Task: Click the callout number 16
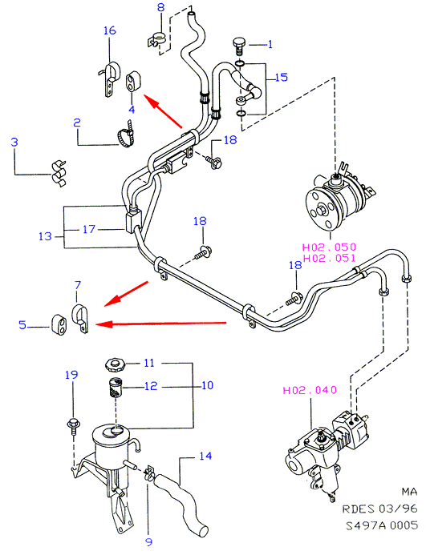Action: (x=110, y=30)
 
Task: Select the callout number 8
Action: (x=161, y=7)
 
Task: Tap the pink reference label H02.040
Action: (x=310, y=390)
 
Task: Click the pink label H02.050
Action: (x=329, y=247)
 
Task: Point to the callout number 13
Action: (x=45, y=236)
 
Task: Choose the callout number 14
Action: (x=205, y=456)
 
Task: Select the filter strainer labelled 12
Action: (x=115, y=388)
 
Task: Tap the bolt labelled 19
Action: (x=74, y=426)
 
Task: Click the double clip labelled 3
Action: (x=59, y=174)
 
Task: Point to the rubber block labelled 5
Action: (x=59, y=324)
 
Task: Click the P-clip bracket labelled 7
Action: (x=80, y=317)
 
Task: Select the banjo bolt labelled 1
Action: (x=239, y=46)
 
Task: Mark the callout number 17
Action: (x=89, y=229)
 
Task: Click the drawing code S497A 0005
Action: (x=381, y=525)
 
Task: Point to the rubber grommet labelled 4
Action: (x=133, y=81)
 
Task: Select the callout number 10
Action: (x=208, y=385)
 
